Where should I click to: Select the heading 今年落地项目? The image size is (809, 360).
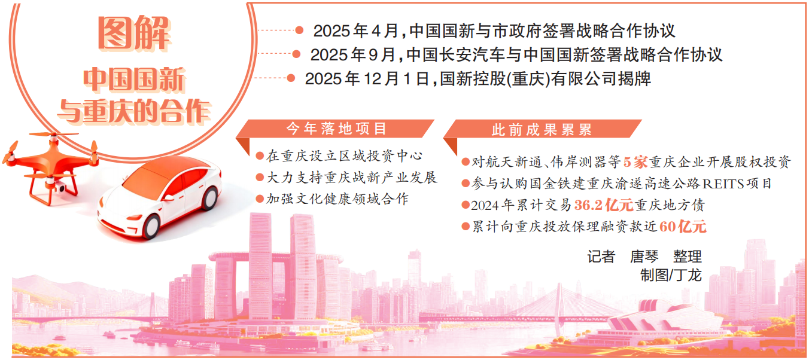click(336, 129)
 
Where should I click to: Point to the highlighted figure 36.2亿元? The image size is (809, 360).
click(603, 205)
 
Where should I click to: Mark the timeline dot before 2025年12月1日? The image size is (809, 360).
click(291, 78)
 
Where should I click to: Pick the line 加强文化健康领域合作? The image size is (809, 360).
click(337, 199)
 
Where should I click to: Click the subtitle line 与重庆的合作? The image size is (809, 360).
click(134, 111)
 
